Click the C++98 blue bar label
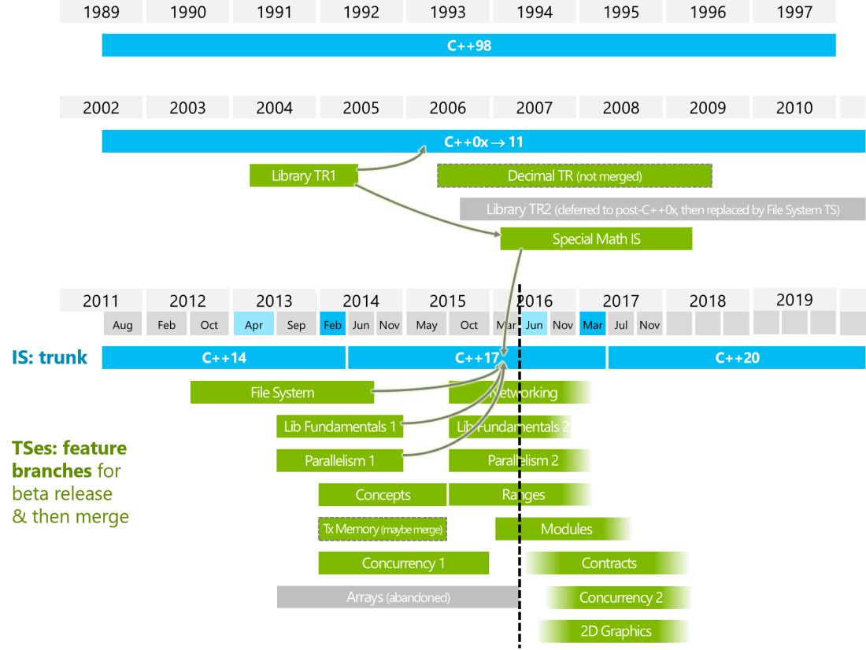[x=468, y=46]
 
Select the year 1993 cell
[x=447, y=12]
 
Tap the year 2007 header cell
[x=534, y=108]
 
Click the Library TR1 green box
[x=303, y=175]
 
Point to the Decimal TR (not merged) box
[x=574, y=175]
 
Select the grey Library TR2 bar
[x=662, y=209]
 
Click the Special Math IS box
[x=595, y=238]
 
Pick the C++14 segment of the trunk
[x=224, y=357]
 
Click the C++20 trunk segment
[x=737, y=357]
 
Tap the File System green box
[x=282, y=392]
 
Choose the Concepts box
[x=383, y=495]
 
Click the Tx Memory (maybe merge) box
[x=383, y=529]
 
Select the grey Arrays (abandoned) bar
[x=398, y=597]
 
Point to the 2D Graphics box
[x=615, y=631]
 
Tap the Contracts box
[x=608, y=563]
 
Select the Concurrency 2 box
[x=620, y=597]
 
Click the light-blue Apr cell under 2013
[x=254, y=325]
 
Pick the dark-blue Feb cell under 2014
[x=332, y=325]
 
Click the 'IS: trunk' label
[x=50, y=357]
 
